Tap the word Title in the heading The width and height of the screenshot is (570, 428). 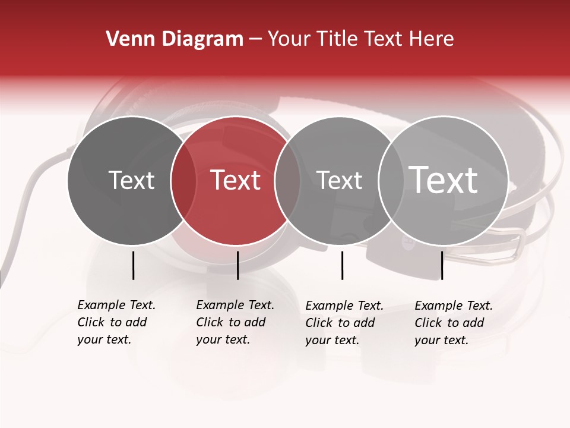[337, 39]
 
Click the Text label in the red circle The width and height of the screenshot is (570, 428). [236, 180]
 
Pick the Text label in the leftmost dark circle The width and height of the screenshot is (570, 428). [131, 180]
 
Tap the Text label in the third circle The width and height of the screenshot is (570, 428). [339, 180]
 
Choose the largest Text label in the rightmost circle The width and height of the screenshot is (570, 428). [444, 180]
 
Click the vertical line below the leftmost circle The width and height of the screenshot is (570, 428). [133, 265]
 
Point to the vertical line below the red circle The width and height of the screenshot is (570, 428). [237, 265]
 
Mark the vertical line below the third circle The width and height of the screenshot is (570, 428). [342, 265]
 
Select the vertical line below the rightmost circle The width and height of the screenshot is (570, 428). [442, 265]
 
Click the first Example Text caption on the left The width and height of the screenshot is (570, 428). [116, 322]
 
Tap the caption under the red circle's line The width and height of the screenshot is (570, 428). [235, 322]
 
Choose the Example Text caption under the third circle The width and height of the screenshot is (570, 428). [344, 323]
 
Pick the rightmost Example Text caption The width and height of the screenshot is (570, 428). [453, 323]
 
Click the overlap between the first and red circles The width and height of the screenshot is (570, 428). [183, 181]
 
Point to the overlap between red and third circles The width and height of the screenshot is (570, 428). [287, 181]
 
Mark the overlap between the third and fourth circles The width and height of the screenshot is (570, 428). [391, 181]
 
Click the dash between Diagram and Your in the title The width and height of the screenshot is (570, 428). [255, 39]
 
